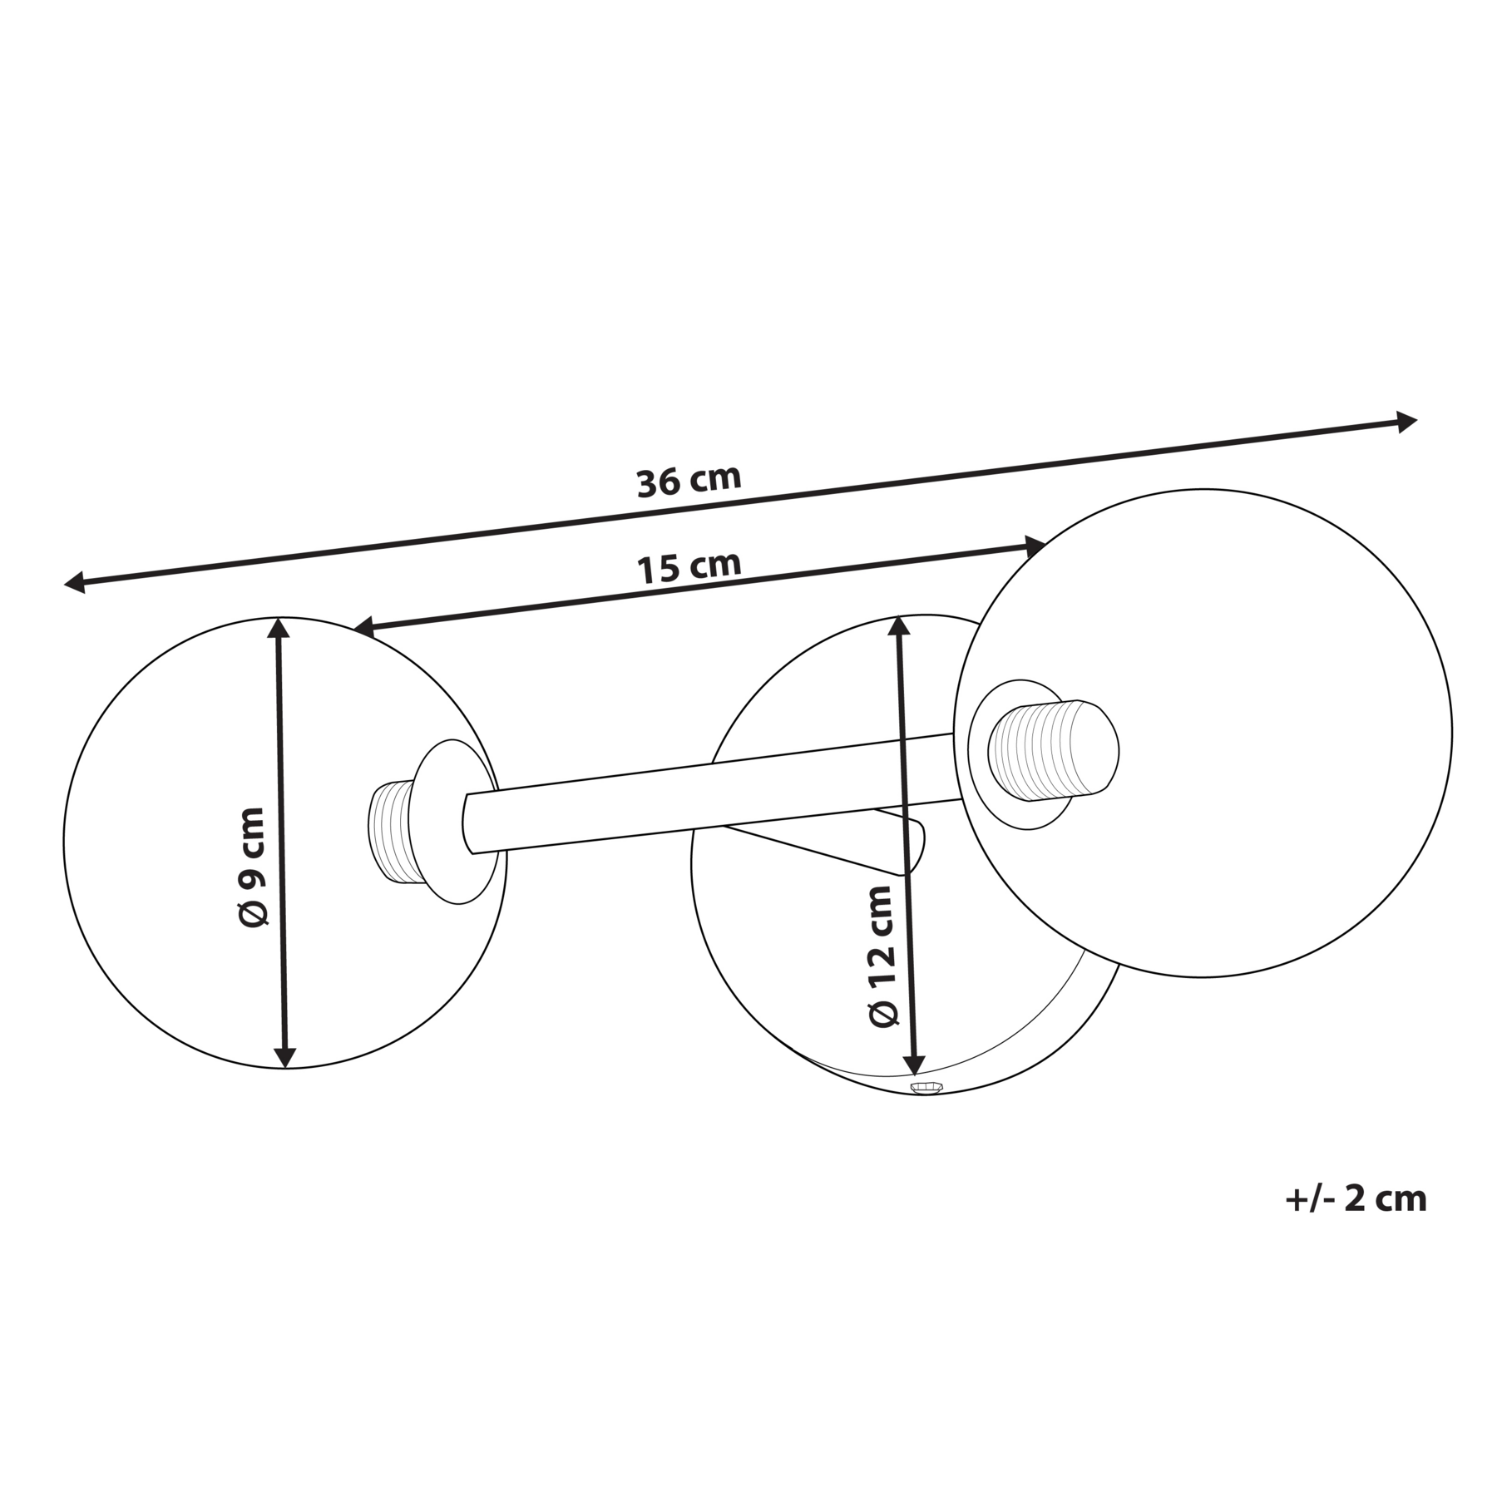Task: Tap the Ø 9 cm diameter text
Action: coord(250,866)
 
